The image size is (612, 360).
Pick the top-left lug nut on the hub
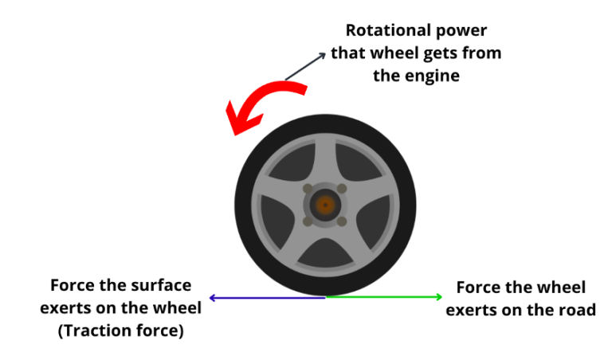(308, 189)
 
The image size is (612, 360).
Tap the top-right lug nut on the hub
(342, 189)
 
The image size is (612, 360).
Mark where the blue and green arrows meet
(325, 297)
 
